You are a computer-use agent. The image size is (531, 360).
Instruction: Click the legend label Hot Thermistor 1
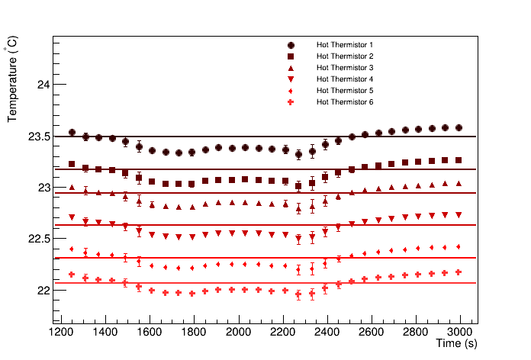click(x=344, y=45)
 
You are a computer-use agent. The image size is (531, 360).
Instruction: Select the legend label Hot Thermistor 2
click(x=344, y=56)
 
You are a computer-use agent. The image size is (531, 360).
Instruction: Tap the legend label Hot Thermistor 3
click(x=344, y=68)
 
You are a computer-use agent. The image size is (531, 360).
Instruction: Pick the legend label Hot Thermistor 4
click(x=344, y=79)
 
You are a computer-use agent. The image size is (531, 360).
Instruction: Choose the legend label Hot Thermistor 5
click(x=344, y=91)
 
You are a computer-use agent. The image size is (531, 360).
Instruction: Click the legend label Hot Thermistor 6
click(x=344, y=102)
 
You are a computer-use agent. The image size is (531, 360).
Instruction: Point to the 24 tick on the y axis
click(x=42, y=85)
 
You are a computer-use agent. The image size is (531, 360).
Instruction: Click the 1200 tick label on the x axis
click(x=61, y=332)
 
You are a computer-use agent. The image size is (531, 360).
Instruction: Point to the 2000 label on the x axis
click(x=239, y=332)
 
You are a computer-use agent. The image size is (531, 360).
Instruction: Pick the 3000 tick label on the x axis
click(x=461, y=332)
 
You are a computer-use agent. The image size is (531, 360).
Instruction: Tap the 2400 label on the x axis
click(x=327, y=332)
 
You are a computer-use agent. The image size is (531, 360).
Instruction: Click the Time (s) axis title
click(x=457, y=345)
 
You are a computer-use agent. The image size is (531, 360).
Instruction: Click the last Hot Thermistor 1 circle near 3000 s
click(x=459, y=128)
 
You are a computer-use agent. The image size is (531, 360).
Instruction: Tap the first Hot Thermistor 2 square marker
click(x=72, y=164)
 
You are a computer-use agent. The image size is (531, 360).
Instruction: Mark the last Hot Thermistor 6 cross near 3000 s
click(x=459, y=272)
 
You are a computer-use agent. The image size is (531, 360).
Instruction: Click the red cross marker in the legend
click(x=291, y=102)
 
